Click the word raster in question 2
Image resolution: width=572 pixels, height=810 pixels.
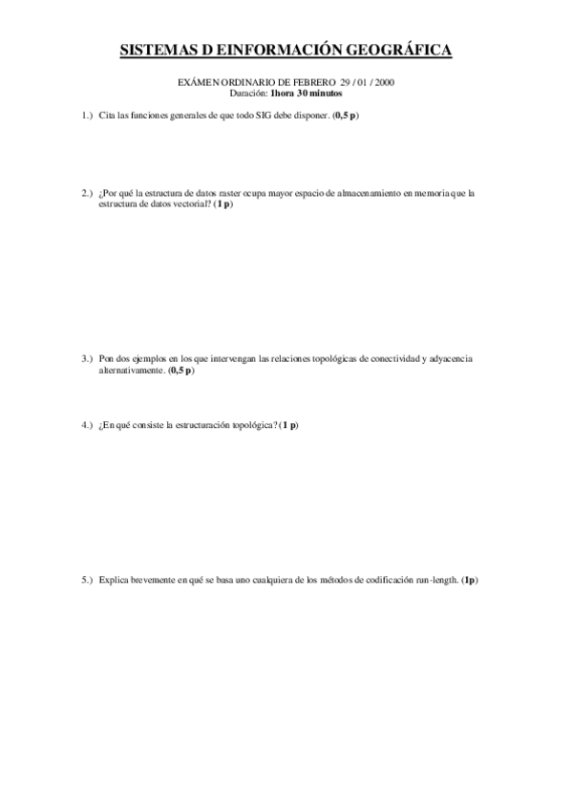(222, 193)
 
